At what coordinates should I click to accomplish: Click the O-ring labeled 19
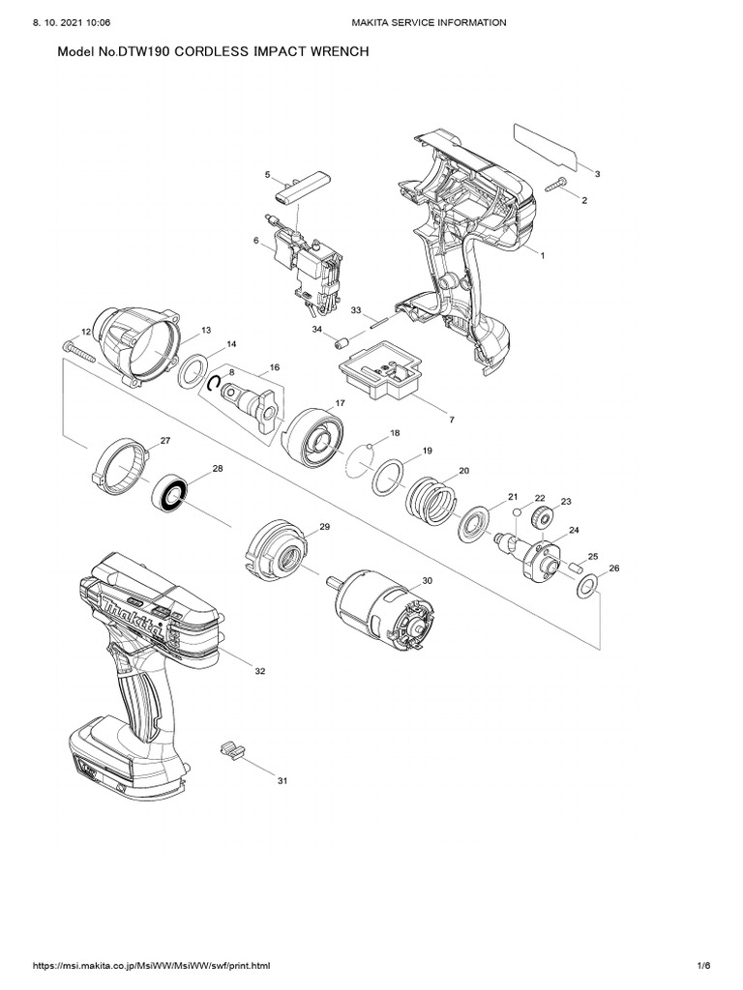(389, 475)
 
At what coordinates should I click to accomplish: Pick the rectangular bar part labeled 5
(301, 189)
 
